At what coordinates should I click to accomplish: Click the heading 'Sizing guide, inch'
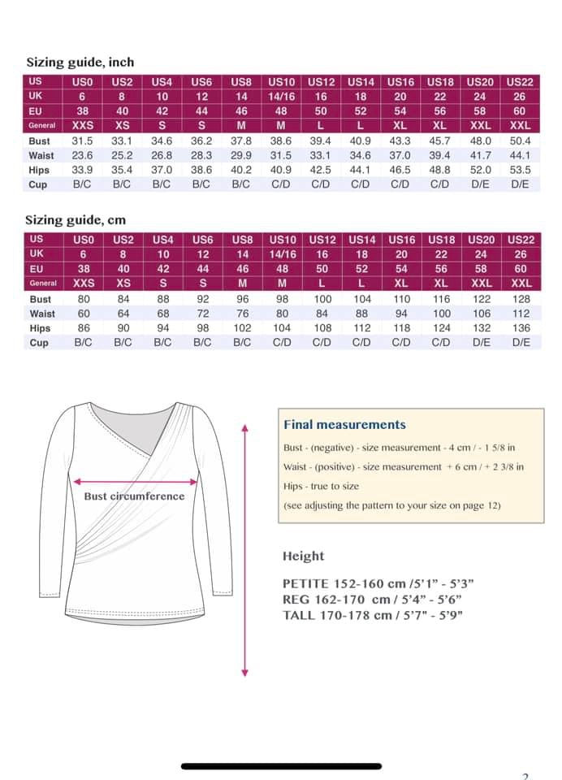(80, 62)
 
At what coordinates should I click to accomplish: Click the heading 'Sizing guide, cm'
(76, 219)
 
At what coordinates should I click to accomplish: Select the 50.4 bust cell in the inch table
(520, 141)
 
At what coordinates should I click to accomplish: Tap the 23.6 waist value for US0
(83, 155)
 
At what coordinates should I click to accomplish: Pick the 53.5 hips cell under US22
(520, 170)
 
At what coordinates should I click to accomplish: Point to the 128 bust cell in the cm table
(521, 299)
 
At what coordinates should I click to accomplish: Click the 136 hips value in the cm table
(521, 328)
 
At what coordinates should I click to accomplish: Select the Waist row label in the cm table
(42, 314)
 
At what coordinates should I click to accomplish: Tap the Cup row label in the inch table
(38, 184)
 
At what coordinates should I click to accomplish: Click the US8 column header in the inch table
(241, 82)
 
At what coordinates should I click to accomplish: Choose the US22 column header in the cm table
(521, 240)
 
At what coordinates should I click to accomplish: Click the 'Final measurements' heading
(344, 424)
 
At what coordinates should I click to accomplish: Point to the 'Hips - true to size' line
(321, 486)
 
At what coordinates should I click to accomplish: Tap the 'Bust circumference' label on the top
(134, 496)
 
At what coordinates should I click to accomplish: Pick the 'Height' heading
(303, 556)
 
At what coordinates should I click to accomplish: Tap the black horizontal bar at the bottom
(281, 765)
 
